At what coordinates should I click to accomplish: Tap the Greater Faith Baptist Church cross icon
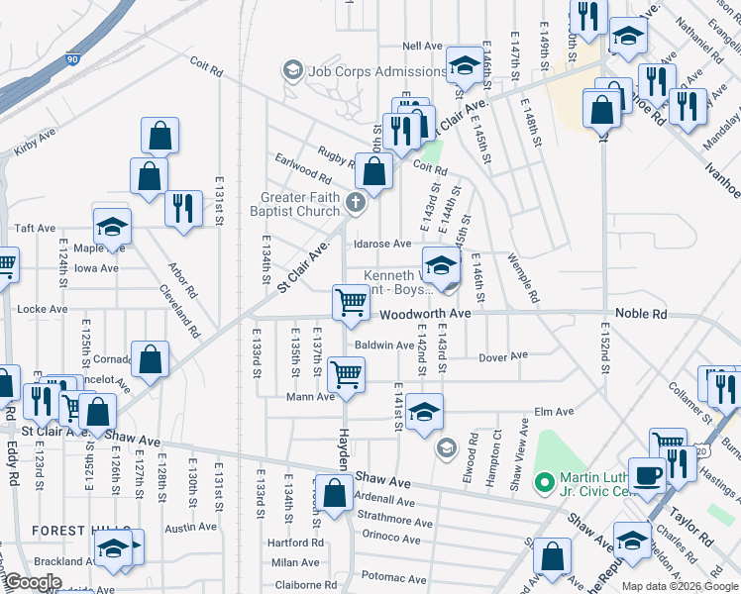point(356,205)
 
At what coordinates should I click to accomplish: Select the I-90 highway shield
point(71,60)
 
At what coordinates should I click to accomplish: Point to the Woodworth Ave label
point(426,314)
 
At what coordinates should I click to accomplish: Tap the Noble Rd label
point(641,314)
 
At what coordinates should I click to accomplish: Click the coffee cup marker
point(648,474)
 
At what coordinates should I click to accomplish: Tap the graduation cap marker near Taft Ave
point(112,226)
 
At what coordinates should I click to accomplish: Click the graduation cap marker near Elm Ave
point(424,412)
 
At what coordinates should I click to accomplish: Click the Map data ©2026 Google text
point(680,586)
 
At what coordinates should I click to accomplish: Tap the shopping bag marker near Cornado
point(150,361)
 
